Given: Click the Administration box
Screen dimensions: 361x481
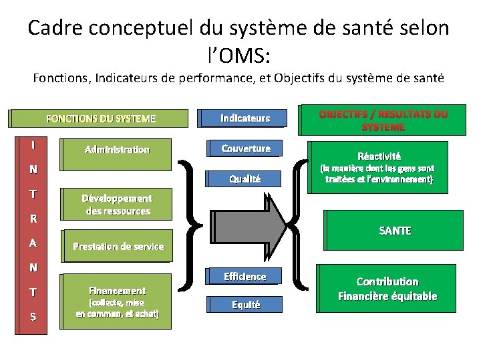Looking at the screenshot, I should click(x=117, y=150).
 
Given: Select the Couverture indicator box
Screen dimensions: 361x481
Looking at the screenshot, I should click(x=246, y=148).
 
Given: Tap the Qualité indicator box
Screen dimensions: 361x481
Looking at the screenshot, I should click(x=245, y=178).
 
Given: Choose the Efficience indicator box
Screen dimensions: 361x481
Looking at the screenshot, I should click(x=245, y=277).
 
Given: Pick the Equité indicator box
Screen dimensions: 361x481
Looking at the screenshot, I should click(x=245, y=305).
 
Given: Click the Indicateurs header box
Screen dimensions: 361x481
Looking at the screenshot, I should click(x=245, y=118).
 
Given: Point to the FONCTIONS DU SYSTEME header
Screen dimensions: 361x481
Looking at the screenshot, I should click(x=100, y=119).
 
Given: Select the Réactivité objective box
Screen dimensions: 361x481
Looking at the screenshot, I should click(x=379, y=167).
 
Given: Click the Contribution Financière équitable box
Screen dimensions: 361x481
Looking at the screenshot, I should click(x=387, y=289).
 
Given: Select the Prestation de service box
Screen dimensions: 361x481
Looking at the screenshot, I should click(x=118, y=246).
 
